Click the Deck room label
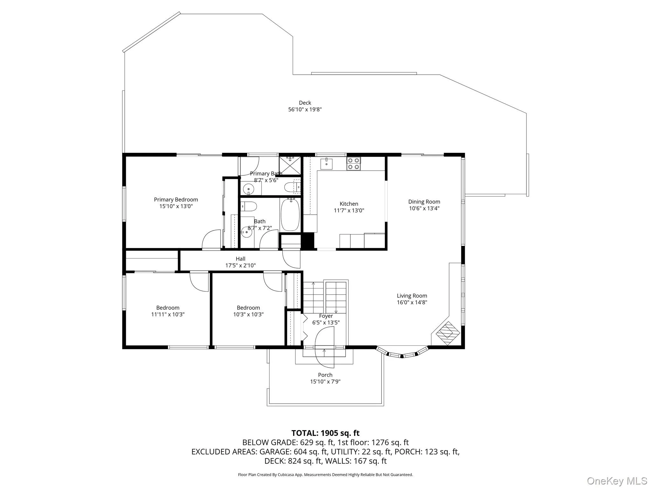point(305,103)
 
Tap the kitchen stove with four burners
point(353,164)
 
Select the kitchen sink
point(326,164)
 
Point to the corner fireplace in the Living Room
point(448,333)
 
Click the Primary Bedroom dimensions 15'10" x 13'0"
point(176,206)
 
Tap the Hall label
point(240,259)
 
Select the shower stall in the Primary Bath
point(290,165)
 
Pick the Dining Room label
point(424,201)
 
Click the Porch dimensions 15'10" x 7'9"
point(325,382)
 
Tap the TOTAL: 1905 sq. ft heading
point(325,433)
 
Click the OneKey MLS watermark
point(617,480)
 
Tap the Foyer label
point(326,316)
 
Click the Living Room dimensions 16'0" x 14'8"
point(412,302)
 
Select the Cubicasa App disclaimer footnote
point(325,475)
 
